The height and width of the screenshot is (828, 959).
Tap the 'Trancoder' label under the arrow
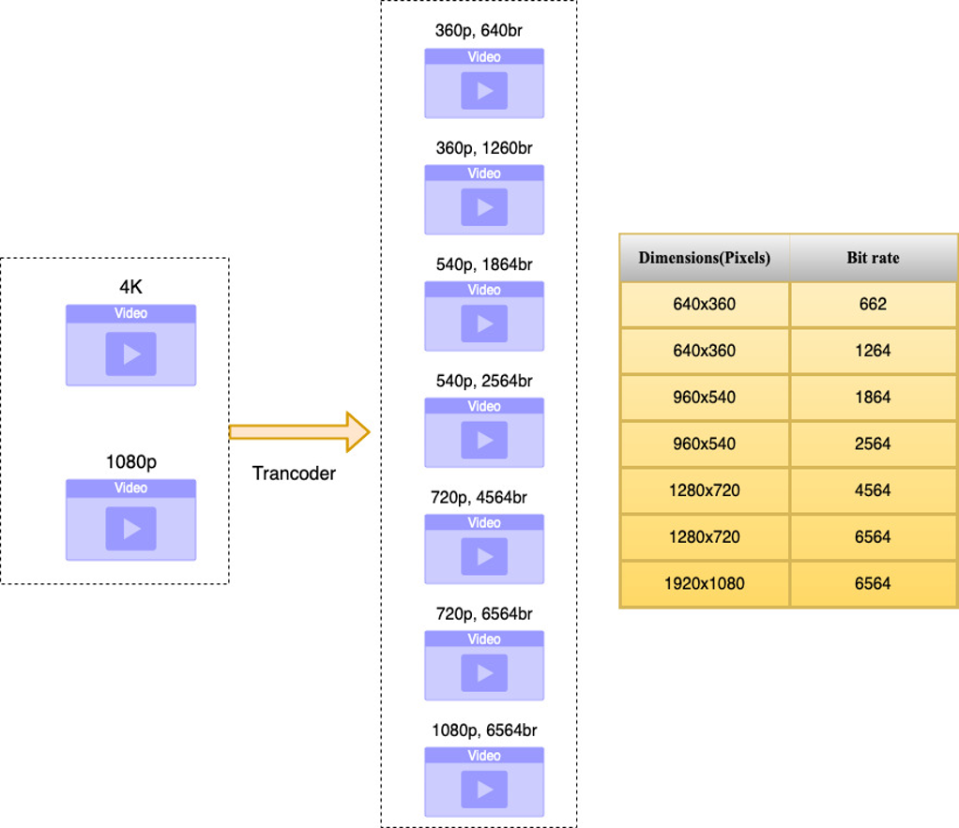point(294,474)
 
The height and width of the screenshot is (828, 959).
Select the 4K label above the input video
point(130,288)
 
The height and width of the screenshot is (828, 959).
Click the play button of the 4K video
point(130,354)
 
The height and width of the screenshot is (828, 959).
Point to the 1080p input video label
point(130,462)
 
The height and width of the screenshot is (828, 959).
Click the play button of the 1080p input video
point(130,529)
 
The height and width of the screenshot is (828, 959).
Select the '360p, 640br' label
point(479,31)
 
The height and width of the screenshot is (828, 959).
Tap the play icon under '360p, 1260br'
point(484,207)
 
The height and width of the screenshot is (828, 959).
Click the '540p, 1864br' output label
point(484,264)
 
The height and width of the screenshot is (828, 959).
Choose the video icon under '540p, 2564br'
point(484,432)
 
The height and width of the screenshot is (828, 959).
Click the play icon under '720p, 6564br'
point(484,672)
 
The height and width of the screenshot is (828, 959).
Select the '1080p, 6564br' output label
point(484,730)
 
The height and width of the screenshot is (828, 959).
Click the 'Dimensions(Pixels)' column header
point(704,258)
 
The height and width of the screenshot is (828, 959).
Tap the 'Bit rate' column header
point(873,258)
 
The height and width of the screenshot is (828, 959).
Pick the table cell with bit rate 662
point(873,305)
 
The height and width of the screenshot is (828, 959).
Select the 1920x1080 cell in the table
point(704,584)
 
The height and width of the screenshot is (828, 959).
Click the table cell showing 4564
point(873,490)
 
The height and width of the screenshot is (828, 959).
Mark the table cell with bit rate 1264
point(873,351)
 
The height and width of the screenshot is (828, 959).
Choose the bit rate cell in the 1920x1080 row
point(873,584)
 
